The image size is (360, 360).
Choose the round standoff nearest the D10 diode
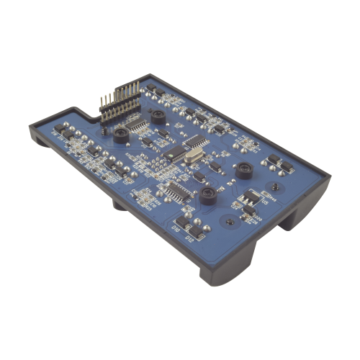[208, 194]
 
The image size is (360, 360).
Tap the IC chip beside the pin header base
[135, 127]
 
